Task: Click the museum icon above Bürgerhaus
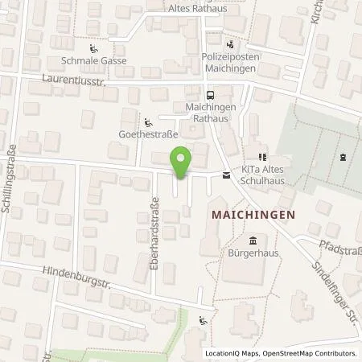[x=253, y=242]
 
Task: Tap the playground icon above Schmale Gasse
[x=93, y=47]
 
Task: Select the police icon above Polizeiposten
[x=232, y=45]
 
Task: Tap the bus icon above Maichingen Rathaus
[x=189, y=94]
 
